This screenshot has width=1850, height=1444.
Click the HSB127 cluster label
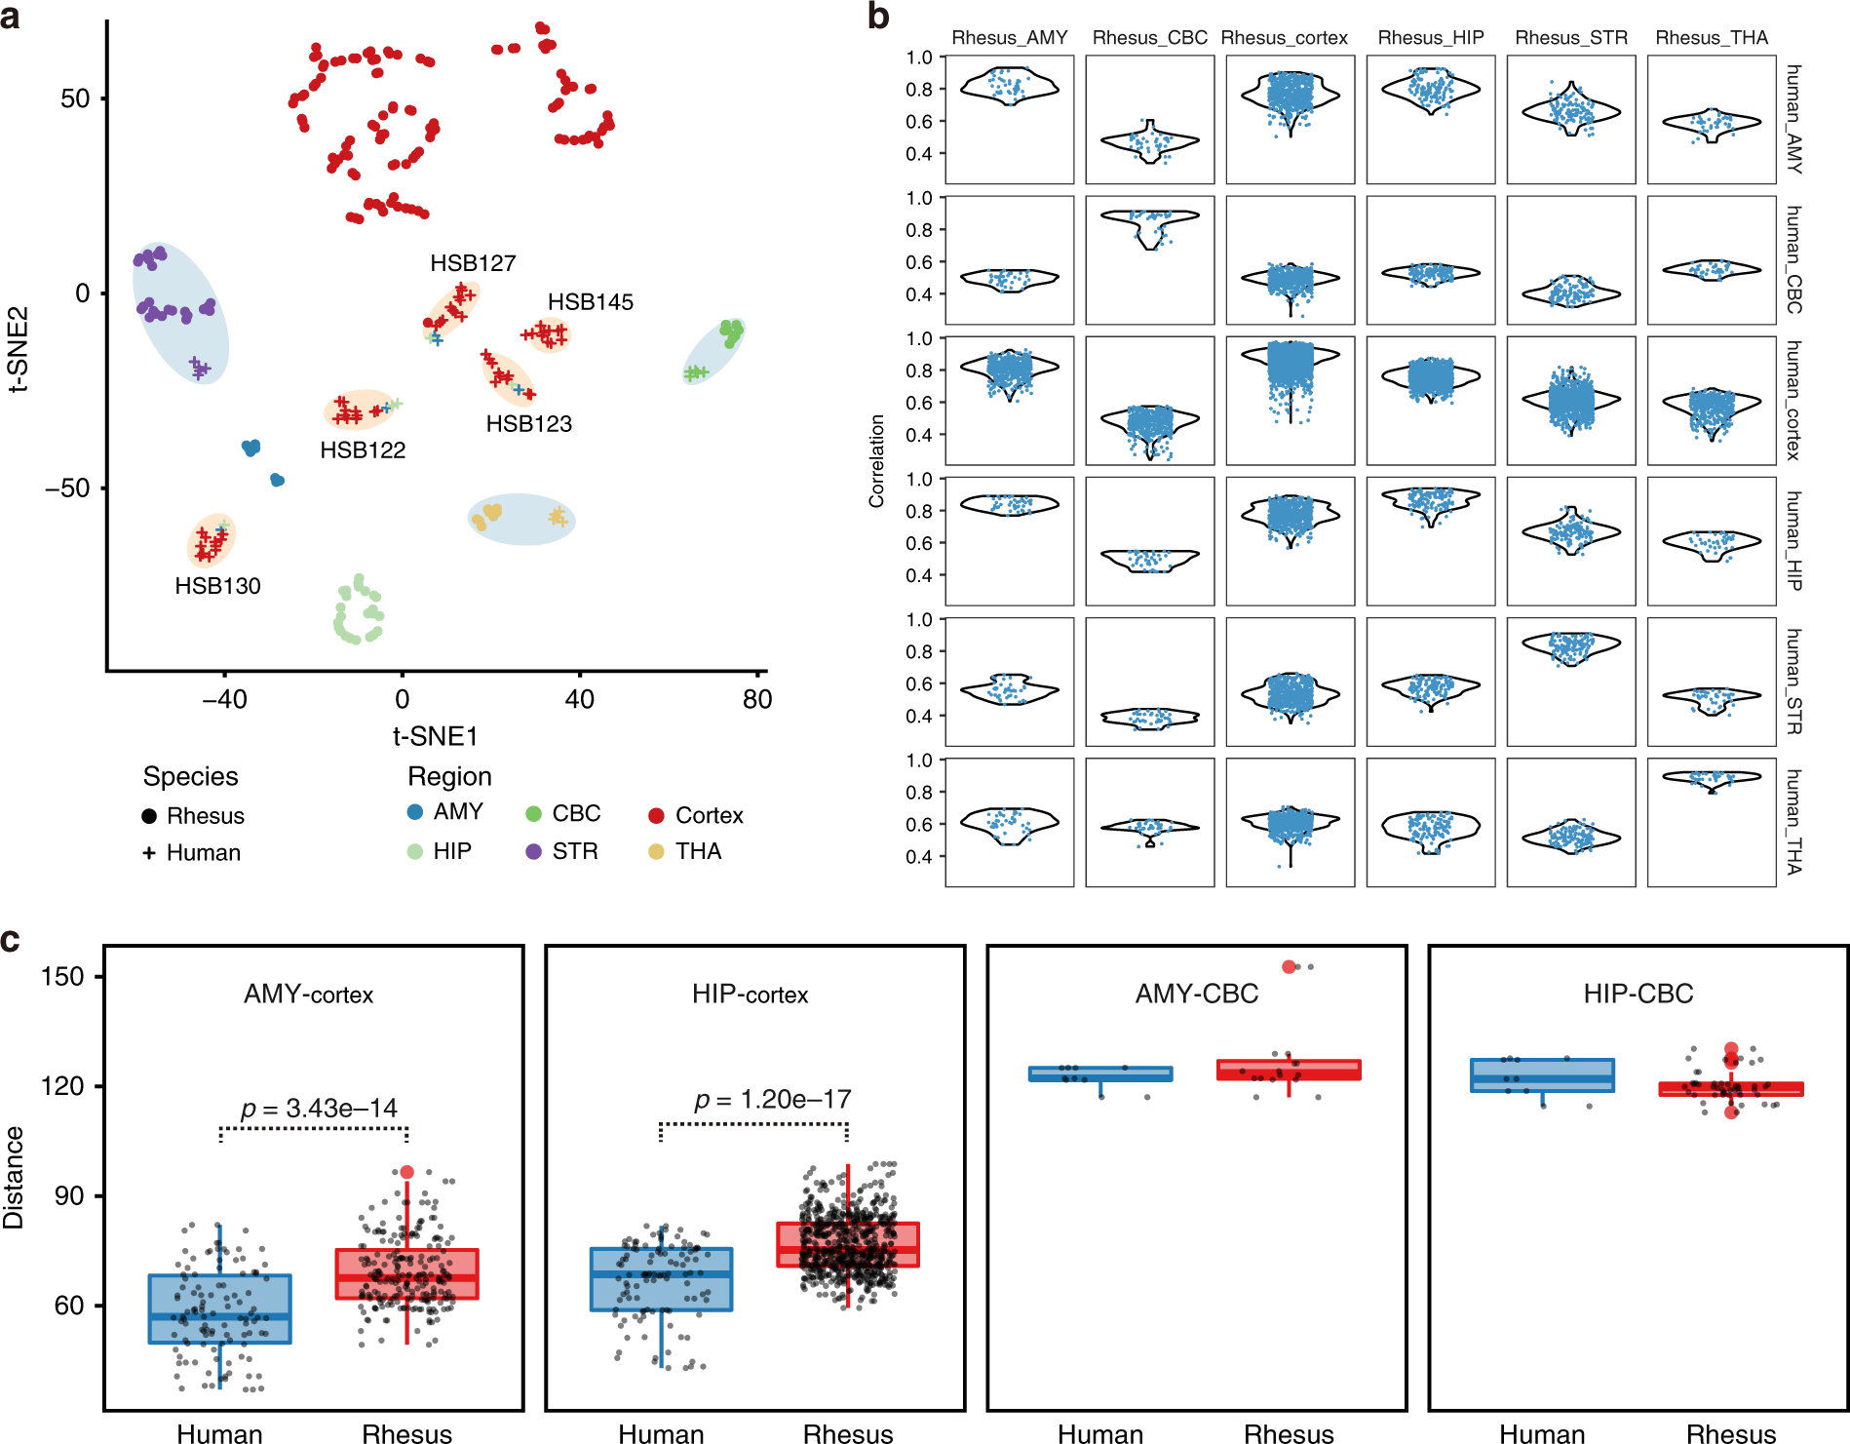point(473,263)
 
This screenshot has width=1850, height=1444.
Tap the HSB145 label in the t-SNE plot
point(590,302)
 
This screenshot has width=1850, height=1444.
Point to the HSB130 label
point(217,586)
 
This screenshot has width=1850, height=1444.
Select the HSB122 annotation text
point(363,450)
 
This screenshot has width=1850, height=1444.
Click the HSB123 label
point(528,424)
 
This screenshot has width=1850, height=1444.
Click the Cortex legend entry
point(709,815)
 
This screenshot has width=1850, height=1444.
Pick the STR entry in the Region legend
point(574,851)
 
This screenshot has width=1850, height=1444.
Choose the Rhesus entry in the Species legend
point(205,816)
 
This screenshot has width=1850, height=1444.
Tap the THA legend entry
point(698,851)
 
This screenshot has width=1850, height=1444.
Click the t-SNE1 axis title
point(435,736)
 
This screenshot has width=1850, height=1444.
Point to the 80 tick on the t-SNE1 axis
point(757,699)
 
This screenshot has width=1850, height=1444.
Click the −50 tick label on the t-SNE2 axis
point(67,488)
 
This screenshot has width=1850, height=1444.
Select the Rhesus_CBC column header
point(1149,38)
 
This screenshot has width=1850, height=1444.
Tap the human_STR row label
point(1793,681)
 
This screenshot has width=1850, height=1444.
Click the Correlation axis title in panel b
point(877,461)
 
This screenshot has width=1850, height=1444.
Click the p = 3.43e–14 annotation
point(319,1109)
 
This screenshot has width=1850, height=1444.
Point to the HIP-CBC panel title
point(1638,994)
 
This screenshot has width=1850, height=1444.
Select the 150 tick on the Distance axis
point(63,977)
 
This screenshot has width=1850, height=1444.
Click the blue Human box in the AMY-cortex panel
point(219,1308)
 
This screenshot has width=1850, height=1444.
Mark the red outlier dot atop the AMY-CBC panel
point(1289,967)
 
